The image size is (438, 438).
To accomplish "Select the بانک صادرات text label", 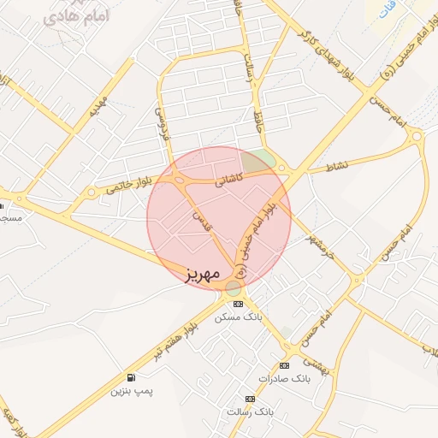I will tap(281, 377).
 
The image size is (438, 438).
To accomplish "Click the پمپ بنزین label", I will tap(131, 391).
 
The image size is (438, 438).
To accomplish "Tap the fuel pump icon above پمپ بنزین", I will tap(131, 377).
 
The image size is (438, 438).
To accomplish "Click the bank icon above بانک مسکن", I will tap(238, 304).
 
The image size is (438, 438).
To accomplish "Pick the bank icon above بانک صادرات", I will tap(284, 365).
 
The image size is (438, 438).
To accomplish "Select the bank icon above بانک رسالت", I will tap(250, 399).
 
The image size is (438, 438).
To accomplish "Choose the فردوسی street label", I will tap(159, 123).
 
